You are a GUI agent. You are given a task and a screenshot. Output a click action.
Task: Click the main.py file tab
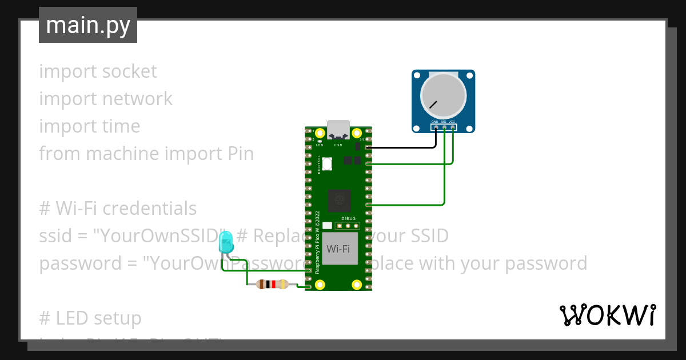click(x=88, y=25)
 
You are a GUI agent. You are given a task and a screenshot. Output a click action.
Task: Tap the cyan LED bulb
click(x=226, y=242)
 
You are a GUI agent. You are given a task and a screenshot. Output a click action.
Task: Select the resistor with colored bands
click(x=272, y=284)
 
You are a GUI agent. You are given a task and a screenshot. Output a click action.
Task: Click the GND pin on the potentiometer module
click(x=436, y=127)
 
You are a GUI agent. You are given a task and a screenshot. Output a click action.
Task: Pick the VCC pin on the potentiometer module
click(x=453, y=127)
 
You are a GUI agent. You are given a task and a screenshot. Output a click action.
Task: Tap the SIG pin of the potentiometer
click(x=444, y=127)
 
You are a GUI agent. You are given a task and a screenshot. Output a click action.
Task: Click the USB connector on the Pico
click(x=338, y=130)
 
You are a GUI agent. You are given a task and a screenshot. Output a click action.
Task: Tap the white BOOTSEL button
click(x=327, y=163)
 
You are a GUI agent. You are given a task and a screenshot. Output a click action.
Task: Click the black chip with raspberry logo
click(x=340, y=201)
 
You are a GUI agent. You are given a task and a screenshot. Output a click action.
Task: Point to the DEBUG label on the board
click(x=348, y=219)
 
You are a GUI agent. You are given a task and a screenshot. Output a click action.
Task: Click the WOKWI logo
click(x=607, y=315)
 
